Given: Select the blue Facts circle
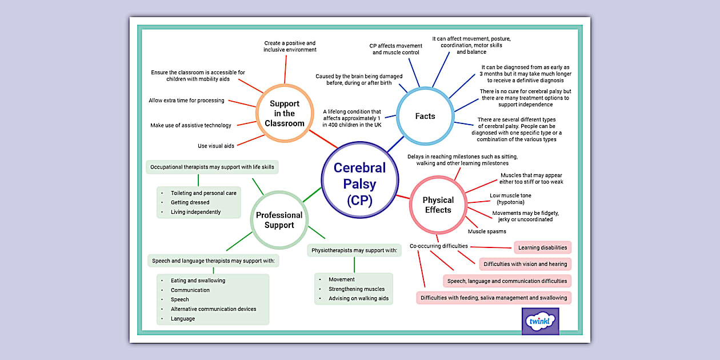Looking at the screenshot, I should coord(425,117).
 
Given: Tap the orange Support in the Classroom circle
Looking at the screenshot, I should coord(284,113).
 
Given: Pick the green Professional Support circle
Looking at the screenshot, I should coord(279,220).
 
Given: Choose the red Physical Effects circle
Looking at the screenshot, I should coord(438,205).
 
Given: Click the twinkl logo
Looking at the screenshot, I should coord(540,321).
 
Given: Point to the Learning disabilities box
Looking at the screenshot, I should coord(542,247).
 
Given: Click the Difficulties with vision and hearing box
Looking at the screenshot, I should coord(525,264).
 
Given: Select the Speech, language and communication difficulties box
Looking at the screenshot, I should coord(507,281).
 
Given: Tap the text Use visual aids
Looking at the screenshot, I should coord(216,146).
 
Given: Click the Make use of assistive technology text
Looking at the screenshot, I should coord(191,125).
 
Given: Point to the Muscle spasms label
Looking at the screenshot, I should coord(487,231).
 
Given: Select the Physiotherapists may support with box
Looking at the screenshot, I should coord(354,250).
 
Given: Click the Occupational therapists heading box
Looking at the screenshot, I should coord(212,167).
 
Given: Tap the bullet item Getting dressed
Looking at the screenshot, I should coord(190,202).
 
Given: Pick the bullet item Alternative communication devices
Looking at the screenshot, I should coord(213,309).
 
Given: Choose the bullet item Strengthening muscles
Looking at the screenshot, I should coord(357,289).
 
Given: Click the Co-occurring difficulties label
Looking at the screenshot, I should coord(439,246).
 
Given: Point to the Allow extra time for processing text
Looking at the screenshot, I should coord(186,101).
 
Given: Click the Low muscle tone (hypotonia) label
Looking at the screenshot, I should coord(510,199).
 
